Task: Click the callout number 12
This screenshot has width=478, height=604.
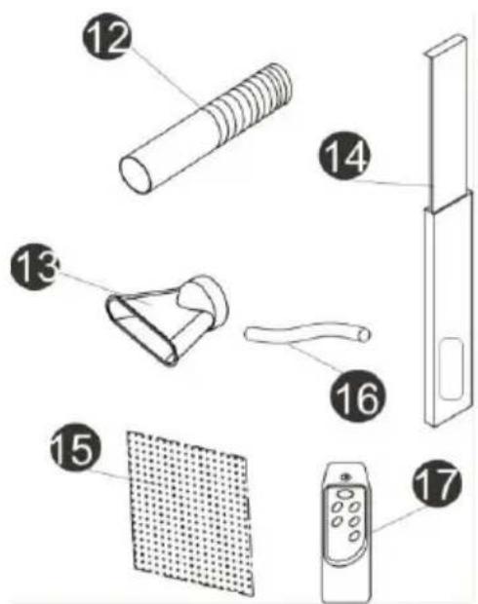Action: pyautogui.click(x=107, y=36)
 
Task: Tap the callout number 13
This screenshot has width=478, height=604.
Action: pyautogui.click(x=35, y=267)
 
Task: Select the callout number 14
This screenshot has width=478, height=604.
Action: pyautogui.click(x=344, y=156)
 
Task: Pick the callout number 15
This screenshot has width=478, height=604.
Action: pyautogui.click(x=76, y=447)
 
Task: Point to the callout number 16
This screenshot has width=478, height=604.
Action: pyautogui.click(x=358, y=396)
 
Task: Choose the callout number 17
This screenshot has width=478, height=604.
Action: pyautogui.click(x=437, y=483)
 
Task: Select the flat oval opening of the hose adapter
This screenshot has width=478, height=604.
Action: pyautogui.click(x=142, y=331)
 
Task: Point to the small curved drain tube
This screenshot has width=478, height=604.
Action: pyautogui.click(x=307, y=333)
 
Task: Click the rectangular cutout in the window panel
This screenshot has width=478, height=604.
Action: pyautogui.click(x=451, y=369)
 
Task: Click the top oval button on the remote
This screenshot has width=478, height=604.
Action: pyautogui.click(x=344, y=494)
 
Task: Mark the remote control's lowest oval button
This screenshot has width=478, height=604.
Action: pyautogui.click(x=354, y=536)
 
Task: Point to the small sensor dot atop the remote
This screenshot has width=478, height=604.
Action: pyautogui.click(x=345, y=477)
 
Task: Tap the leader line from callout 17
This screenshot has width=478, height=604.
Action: pyautogui.click(x=399, y=519)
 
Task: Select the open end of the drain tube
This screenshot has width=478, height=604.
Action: pyautogui.click(x=365, y=334)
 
